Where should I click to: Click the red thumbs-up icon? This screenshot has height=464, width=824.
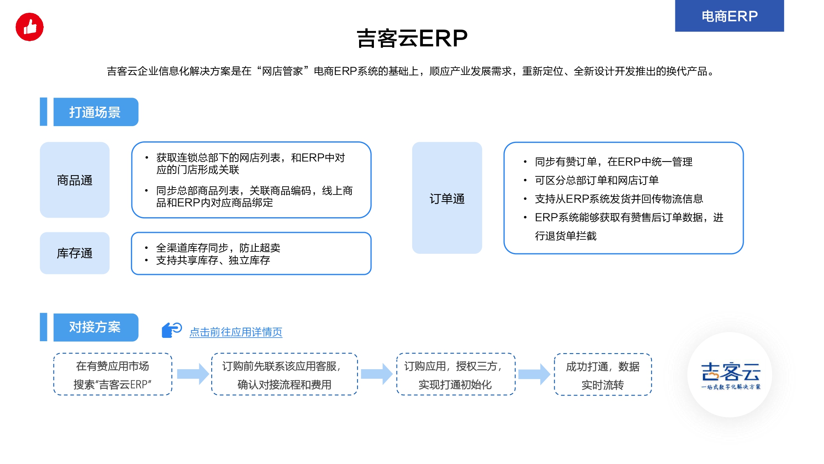30,27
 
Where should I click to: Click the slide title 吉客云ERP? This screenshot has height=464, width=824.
412,38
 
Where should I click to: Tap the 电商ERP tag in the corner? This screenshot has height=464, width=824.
729,16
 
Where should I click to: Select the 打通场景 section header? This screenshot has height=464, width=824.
96,112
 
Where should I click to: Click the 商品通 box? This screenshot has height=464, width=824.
75,180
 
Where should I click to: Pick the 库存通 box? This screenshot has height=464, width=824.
75,253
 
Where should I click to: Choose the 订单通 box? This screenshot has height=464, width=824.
447,198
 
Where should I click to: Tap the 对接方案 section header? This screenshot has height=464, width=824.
96,327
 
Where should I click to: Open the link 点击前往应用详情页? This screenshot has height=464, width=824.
236,332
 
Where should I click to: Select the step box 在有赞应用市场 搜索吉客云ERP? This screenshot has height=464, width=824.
112,374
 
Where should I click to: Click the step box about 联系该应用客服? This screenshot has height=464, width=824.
285,374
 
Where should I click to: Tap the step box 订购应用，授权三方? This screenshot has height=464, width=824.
456,374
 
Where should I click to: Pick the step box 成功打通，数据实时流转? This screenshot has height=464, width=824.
603,374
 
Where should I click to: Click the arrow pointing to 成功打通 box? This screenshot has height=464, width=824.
534,374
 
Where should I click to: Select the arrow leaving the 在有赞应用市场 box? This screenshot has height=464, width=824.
193,374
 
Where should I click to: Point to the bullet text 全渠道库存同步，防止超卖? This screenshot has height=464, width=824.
218,248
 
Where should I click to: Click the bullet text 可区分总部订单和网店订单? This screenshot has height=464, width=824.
597,180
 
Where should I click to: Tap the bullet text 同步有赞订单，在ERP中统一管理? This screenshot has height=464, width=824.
614,162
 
